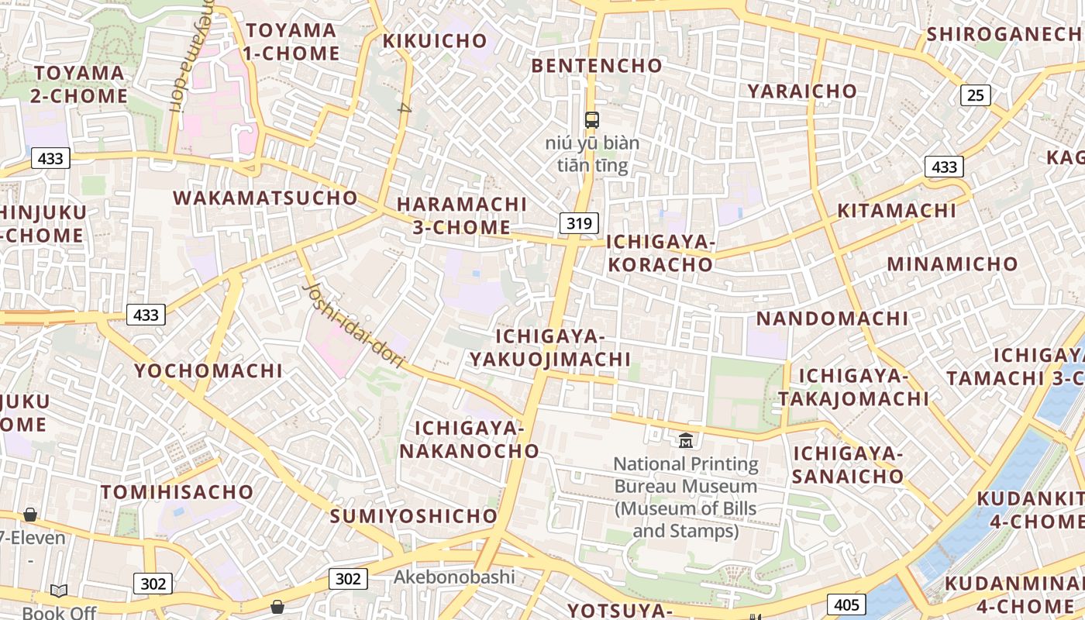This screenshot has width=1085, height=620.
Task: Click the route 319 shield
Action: (x=579, y=224)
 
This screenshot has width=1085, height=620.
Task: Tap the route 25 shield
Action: (x=975, y=95)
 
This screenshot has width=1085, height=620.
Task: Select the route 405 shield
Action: (x=846, y=604)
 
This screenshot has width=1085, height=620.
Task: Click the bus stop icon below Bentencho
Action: (x=592, y=120)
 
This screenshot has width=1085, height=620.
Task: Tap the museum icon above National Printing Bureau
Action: (x=686, y=440)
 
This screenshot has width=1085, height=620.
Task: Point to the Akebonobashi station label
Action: (x=454, y=577)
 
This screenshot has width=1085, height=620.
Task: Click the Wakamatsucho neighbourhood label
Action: (x=265, y=198)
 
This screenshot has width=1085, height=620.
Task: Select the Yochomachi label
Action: (x=208, y=370)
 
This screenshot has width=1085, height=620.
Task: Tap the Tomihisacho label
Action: (x=177, y=492)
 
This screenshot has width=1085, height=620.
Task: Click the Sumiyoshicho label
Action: (x=414, y=516)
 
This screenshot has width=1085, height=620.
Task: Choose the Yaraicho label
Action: (x=802, y=91)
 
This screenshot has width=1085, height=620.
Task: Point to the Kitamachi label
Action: (x=897, y=211)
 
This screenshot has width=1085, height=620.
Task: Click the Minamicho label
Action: (x=952, y=264)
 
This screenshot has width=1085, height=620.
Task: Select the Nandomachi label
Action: (x=832, y=319)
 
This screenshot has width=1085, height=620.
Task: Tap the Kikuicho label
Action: (x=435, y=41)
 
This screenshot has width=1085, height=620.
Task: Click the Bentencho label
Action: (x=597, y=66)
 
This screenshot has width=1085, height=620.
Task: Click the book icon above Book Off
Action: (x=59, y=591)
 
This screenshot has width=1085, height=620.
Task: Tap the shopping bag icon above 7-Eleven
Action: (x=30, y=515)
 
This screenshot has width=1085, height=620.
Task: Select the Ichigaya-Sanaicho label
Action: (x=848, y=464)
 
